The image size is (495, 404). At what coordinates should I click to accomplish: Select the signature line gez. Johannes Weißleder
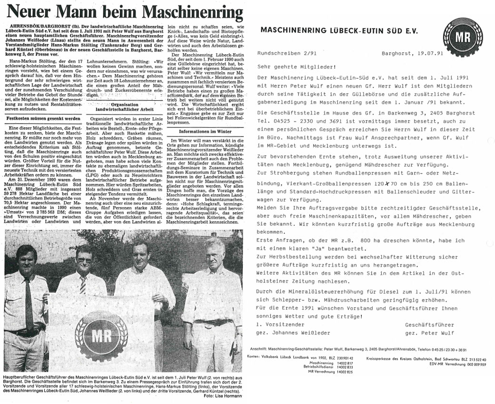[293, 333]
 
